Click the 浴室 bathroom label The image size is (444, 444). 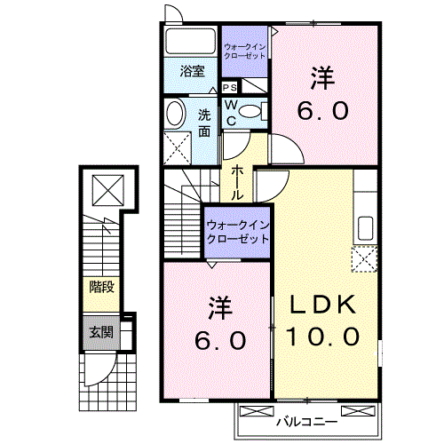click(191, 71)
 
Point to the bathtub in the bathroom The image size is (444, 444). click(189, 41)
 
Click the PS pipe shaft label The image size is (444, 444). click(229, 87)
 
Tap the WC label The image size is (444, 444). click(229, 112)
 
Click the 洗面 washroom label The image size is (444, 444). click(205, 122)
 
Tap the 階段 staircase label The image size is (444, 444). click(99, 286)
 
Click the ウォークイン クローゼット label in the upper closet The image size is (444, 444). click(243, 51)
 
